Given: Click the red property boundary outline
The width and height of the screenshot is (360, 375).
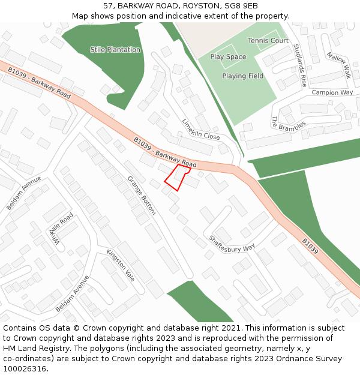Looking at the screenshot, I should [x=178, y=178].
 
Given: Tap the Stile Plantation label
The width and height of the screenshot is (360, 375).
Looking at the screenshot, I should [x=115, y=50].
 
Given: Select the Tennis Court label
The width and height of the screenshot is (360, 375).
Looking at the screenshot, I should [x=268, y=41].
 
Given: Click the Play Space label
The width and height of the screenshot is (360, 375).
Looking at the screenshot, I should [x=228, y=57].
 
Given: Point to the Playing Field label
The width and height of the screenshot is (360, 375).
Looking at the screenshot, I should [x=242, y=76].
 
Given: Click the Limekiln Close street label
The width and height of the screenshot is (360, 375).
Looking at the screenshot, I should [x=201, y=128].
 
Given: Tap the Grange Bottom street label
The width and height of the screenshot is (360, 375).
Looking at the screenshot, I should [x=142, y=195].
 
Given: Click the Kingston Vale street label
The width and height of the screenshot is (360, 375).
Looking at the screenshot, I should [x=121, y=265].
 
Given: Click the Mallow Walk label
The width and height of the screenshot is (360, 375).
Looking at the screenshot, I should [x=338, y=65].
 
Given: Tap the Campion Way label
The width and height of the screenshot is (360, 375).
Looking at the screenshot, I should [x=332, y=93].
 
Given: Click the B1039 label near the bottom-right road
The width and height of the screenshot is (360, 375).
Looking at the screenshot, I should [x=310, y=247].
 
